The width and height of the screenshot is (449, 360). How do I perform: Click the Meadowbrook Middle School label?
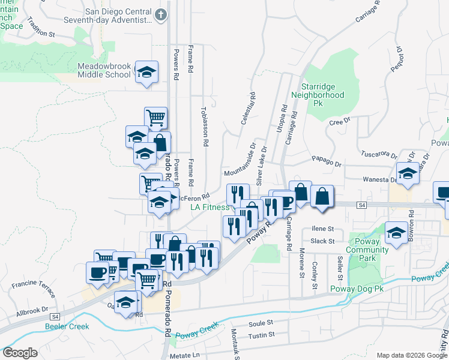tap(104, 70)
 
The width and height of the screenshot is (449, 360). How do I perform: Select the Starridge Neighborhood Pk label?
tap(318, 95)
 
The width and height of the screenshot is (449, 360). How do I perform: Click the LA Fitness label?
tap(210, 207)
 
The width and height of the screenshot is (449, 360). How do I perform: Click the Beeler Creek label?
tap(67, 326)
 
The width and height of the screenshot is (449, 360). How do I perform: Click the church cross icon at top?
tap(161, 13)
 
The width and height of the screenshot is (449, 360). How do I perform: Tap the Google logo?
tap(19, 353)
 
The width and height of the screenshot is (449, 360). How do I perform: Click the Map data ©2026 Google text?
tap(411, 355)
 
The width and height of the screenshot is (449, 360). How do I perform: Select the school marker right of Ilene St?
tap(396, 233)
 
